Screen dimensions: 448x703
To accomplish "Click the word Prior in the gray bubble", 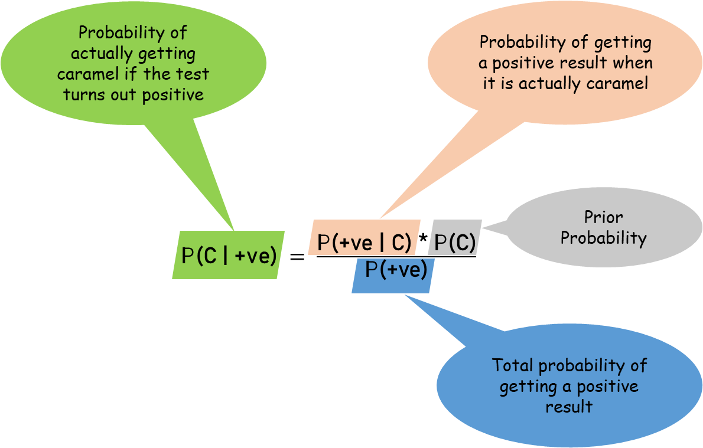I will click(603, 217).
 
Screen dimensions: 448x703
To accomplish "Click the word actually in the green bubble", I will click(97, 54).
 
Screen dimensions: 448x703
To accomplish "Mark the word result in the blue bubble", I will click(569, 407).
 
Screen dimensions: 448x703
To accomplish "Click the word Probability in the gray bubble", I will click(603, 238).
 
